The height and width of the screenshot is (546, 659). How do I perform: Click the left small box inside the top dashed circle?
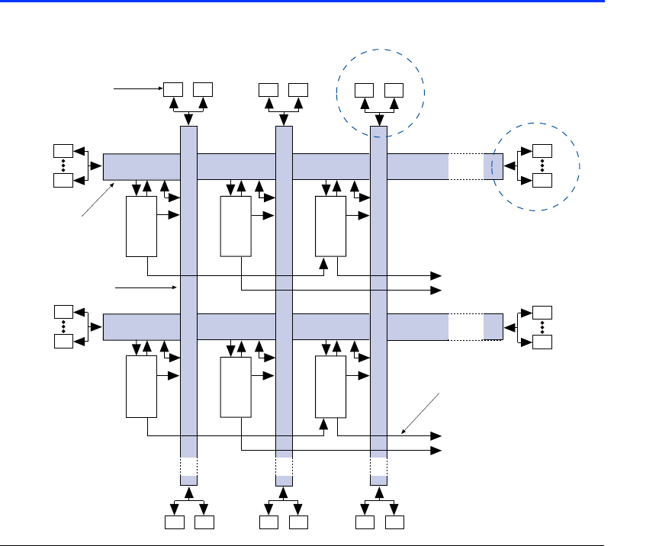[365, 89]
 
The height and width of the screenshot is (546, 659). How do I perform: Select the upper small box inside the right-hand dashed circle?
[542, 150]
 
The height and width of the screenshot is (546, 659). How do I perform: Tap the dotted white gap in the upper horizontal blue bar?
[465, 166]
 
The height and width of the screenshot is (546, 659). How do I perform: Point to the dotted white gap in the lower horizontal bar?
[465, 326]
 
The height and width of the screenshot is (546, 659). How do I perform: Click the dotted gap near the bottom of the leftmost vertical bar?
[188, 466]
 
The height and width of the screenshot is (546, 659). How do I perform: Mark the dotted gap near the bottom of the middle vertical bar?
[284, 466]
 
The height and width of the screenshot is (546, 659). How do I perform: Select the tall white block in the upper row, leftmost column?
[141, 226]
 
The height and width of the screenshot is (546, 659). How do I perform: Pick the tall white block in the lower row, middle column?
[236, 387]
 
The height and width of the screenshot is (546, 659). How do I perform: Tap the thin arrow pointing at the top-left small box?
[137, 89]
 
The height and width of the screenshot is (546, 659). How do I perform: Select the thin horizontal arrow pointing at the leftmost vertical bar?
[145, 288]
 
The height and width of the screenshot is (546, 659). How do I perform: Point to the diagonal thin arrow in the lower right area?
[420, 413]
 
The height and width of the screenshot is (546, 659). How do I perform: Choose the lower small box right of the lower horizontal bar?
[542, 341]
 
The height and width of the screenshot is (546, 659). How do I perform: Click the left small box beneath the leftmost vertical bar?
[174, 523]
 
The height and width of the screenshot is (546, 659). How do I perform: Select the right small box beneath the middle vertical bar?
[299, 523]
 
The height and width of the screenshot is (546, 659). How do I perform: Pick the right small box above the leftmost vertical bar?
[203, 89]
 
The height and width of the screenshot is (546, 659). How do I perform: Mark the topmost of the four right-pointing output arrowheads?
[437, 275]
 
